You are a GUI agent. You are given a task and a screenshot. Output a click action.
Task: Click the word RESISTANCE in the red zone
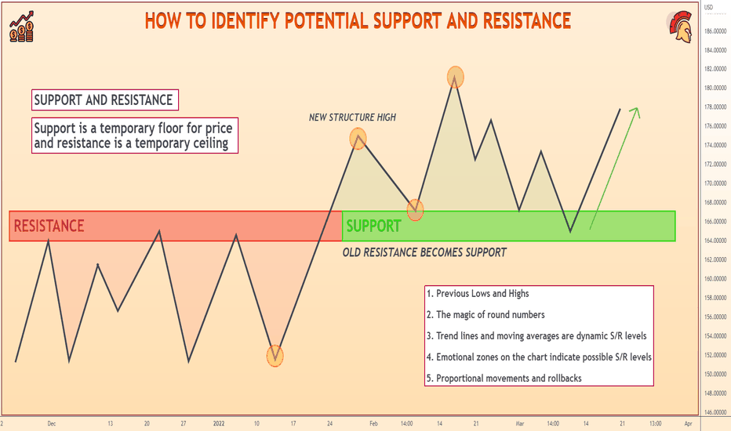click(x=49, y=226)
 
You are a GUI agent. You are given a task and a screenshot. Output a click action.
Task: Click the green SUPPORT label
click(x=373, y=226)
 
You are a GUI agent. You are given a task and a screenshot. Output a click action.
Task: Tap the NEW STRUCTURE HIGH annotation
click(x=352, y=118)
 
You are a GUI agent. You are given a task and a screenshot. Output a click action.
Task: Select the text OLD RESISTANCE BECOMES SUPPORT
click(x=424, y=252)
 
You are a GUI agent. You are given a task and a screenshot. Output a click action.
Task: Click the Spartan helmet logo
click(x=680, y=29)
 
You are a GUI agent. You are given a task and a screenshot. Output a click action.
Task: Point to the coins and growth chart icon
click(x=21, y=27)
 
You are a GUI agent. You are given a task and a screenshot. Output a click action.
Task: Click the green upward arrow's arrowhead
click(x=635, y=113)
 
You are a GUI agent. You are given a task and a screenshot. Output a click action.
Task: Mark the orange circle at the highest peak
click(x=456, y=77)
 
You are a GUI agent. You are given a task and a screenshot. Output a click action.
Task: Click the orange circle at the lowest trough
click(x=275, y=356)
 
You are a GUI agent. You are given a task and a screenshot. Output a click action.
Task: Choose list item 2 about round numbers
click(x=486, y=315)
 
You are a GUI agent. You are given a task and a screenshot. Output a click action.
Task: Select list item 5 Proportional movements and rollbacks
click(x=504, y=378)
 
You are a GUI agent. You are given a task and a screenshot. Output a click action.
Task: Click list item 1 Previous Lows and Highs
click(x=478, y=294)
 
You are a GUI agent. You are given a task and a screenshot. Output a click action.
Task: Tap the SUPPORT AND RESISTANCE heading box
click(x=105, y=100)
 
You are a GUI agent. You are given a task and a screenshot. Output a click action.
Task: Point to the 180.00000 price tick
click(x=715, y=88)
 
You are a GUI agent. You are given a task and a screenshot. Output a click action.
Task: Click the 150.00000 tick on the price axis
click(x=715, y=374)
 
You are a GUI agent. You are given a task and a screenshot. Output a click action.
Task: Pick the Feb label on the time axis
click(x=373, y=423)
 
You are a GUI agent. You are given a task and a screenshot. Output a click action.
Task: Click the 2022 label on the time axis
click(x=219, y=423)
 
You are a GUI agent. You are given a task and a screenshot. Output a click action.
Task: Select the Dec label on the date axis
click(x=51, y=423)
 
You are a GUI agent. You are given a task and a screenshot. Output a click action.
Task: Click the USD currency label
click(x=708, y=7)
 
